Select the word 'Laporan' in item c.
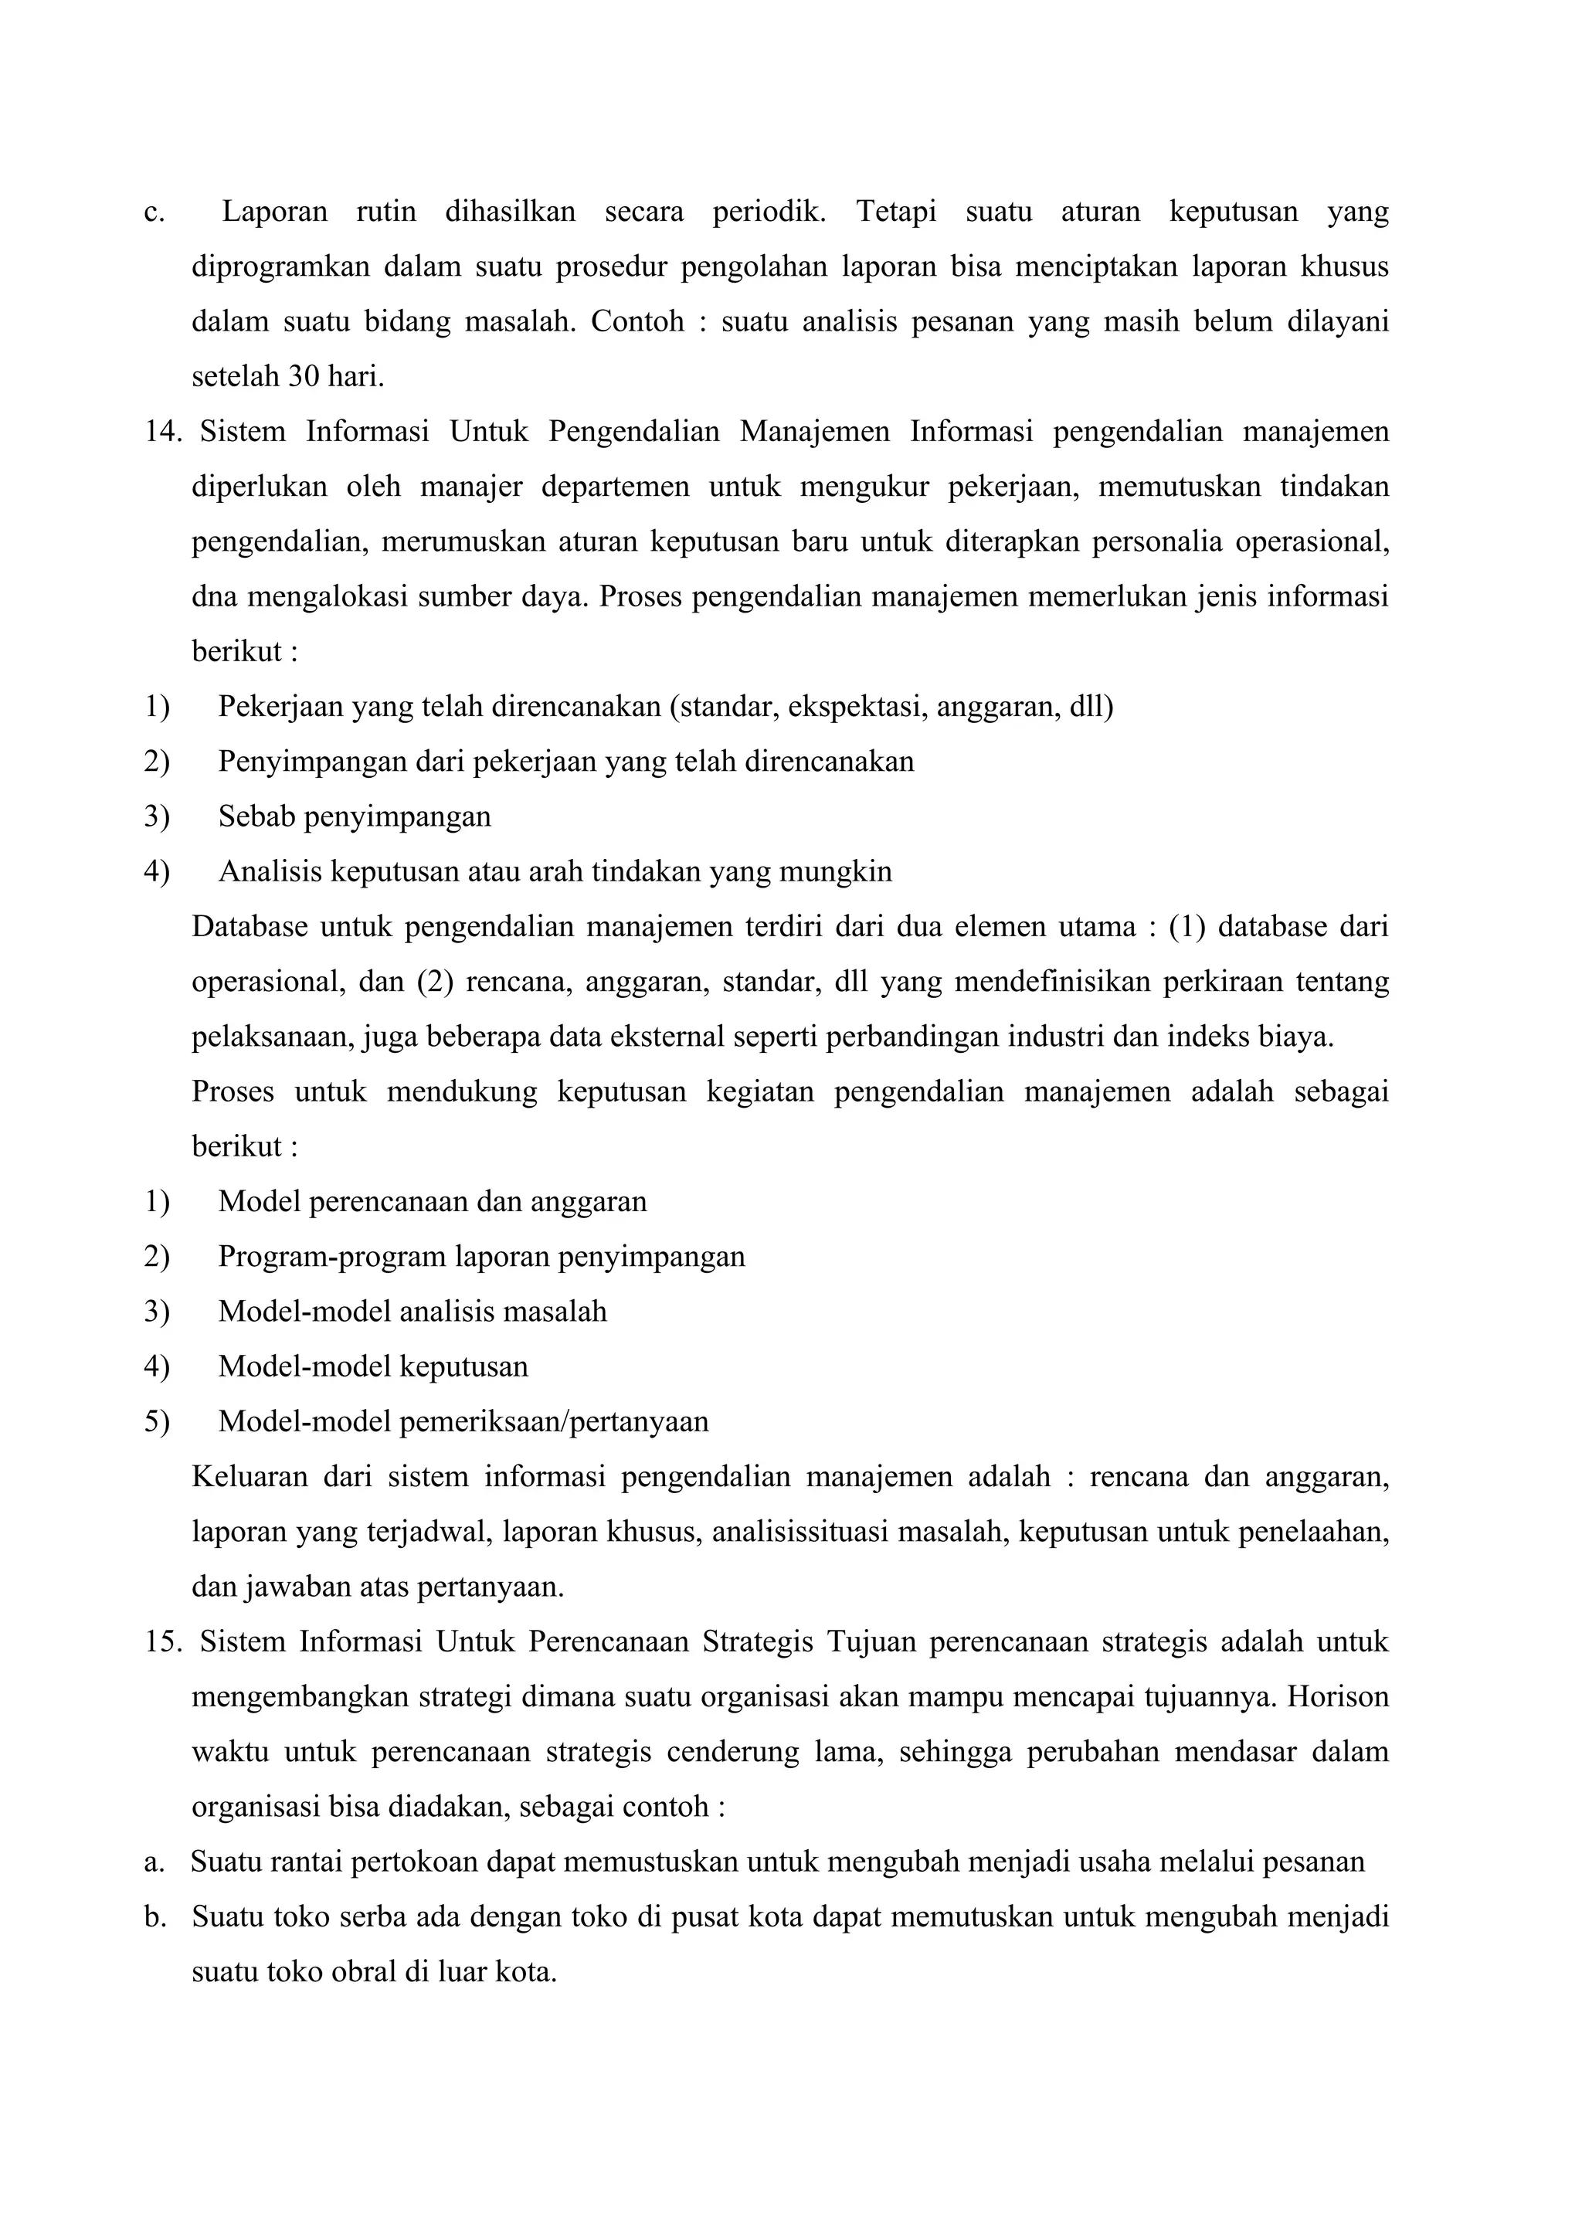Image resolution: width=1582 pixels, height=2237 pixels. (x=275, y=212)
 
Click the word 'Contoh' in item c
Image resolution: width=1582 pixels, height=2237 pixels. (x=637, y=321)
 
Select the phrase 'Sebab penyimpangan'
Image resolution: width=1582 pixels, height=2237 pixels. (x=355, y=816)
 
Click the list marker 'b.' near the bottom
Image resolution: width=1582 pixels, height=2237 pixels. (x=155, y=1917)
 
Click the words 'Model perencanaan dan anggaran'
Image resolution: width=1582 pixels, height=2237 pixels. (x=433, y=1201)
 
